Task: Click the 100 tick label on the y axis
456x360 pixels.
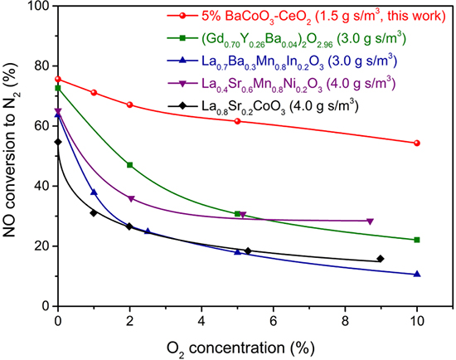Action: [x=37, y=7]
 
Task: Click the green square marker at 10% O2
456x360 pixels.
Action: [x=416, y=240]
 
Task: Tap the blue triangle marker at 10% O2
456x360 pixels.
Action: [x=416, y=274]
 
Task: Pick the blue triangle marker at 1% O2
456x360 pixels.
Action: [x=94, y=192]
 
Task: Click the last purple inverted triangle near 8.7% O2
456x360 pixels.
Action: [x=370, y=221]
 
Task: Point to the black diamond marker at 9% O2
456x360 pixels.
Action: [x=381, y=259]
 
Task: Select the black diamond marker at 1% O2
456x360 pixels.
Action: [x=94, y=213]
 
